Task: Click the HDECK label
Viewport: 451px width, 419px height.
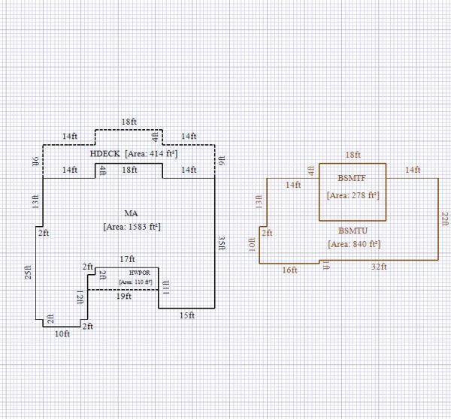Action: [x=104, y=154]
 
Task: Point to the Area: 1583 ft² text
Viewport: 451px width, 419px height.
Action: [x=132, y=226]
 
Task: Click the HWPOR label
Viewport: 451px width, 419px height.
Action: [x=135, y=273]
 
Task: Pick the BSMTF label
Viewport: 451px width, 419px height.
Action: [x=352, y=179]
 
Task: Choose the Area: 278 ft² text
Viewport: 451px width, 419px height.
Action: [x=352, y=195]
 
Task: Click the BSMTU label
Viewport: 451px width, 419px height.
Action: [x=352, y=231]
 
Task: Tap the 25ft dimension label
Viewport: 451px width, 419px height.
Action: [x=29, y=273]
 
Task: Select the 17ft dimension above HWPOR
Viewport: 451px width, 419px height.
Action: [x=127, y=260]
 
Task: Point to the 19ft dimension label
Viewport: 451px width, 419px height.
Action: [x=124, y=296]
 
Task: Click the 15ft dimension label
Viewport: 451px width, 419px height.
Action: [x=187, y=315]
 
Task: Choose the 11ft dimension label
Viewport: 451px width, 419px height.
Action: [x=166, y=286]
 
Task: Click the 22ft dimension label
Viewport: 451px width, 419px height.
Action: [x=445, y=219]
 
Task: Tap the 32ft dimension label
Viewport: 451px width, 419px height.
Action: [x=380, y=267]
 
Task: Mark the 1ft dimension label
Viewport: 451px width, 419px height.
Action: [x=324, y=265]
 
